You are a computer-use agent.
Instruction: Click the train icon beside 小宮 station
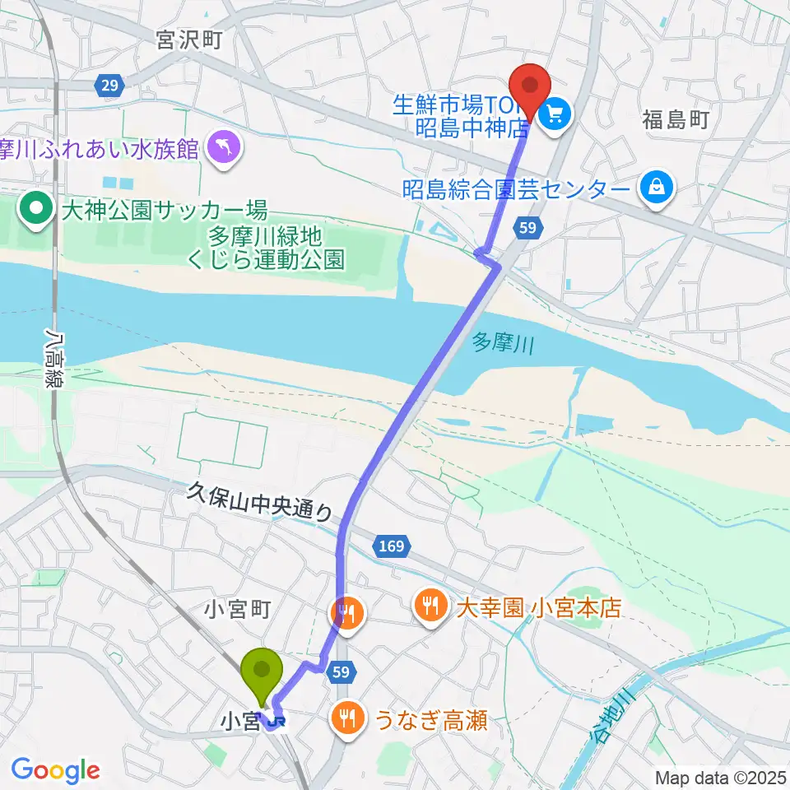pos(280,722)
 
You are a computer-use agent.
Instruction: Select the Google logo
pos(55,770)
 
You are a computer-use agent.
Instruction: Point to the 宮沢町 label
pos(190,40)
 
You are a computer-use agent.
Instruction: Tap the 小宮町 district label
pos(238,610)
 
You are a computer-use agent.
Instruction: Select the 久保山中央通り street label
pos(259,501)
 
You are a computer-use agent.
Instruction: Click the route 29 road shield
pos(109,84)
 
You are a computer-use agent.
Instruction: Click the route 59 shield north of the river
pos(530,227)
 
